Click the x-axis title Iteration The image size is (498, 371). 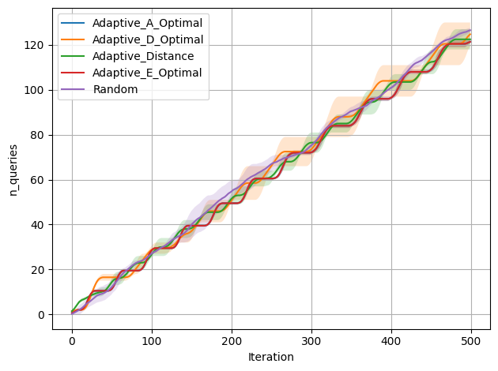pos(270,357)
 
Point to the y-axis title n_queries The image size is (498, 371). pos(13,170)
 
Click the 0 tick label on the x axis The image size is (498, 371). pos(72,341)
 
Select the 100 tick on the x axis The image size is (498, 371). pos(152,341)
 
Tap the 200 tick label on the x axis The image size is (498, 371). pos(232,341)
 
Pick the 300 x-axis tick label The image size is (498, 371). pos(311,341)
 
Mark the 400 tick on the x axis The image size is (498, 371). pos(391,341)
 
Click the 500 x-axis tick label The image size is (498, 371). pos(471,341)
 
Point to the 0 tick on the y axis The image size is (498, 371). pos(41,315)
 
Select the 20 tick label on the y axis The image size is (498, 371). pos(38,270)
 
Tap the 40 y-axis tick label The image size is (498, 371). pos(38,225)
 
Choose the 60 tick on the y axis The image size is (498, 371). pos(38,180)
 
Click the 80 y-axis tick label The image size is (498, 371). pos(38,135)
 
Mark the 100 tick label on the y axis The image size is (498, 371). pos(35,90)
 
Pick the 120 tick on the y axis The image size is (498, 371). pos(35,45)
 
